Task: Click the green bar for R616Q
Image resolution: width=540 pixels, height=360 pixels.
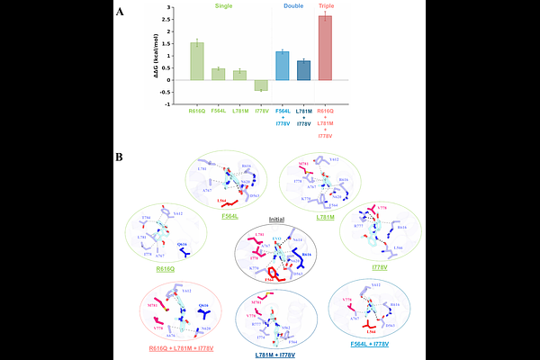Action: click(196, 61)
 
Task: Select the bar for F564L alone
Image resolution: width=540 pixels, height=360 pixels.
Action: click(218, 74)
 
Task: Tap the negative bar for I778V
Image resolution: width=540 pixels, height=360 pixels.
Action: click(261, 85)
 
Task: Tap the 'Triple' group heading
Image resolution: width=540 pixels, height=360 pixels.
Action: click(327, 6)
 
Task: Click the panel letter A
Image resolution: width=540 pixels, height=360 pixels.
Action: click(121, 12)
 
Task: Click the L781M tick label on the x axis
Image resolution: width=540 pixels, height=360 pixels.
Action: click(239, 111)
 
